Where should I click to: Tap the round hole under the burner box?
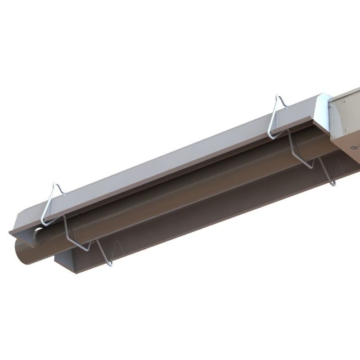[353, 147]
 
